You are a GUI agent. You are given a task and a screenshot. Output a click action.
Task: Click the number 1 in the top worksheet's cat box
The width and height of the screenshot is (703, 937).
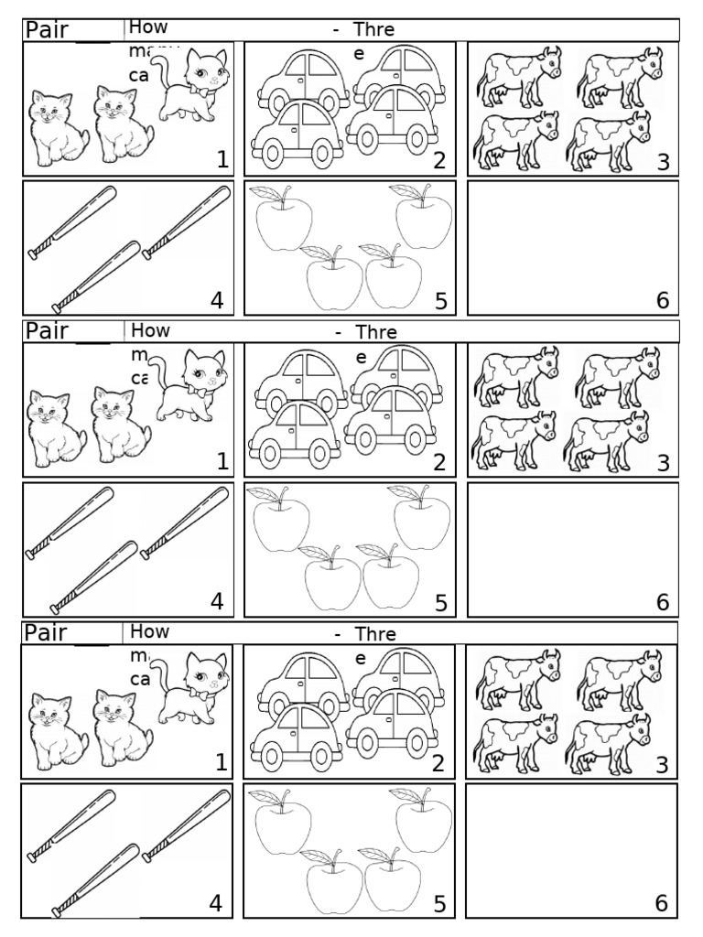(222, 160)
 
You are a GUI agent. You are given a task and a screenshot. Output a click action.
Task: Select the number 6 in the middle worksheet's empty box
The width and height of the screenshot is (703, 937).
(662, 602)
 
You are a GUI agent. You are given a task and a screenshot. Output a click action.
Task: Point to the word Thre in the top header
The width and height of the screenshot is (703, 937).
(374, 30)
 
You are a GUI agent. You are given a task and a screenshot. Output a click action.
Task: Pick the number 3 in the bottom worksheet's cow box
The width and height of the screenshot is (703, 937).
(662, 764)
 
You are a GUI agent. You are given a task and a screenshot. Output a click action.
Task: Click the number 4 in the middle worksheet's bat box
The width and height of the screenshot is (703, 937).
(217, 601)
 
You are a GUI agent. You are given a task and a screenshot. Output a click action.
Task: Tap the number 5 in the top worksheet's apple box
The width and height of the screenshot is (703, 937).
(439, 300)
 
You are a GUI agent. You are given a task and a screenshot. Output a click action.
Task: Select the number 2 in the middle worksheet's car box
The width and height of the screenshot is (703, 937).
(439, 462)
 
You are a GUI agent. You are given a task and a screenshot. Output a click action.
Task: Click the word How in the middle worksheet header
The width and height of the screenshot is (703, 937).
(149, 329)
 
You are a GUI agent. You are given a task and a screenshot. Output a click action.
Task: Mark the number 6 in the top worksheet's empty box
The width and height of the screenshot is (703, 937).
(662, 300)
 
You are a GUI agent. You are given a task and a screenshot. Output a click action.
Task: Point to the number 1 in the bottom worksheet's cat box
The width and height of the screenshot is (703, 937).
(222, 763)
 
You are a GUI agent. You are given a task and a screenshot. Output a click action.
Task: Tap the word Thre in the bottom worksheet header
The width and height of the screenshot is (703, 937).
(374, 633)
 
